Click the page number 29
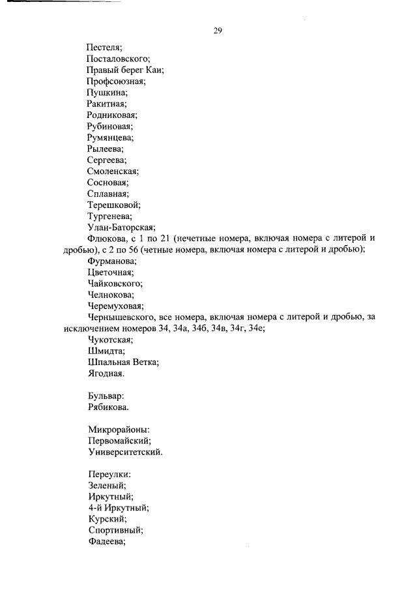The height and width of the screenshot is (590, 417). pyautogui.click(x=218, y=31)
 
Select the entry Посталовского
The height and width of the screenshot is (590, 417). pyautogui.click(x=119, y=59)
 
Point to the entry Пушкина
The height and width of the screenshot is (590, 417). pyautogui.click(x=107, y=93)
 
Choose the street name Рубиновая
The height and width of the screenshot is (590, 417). pyautogui.click(x=110, y=126)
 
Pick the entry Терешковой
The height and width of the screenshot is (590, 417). pyautogui.click(x=113, y=205)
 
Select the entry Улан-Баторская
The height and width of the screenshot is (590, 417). pyautogui.click(x=121, y=228)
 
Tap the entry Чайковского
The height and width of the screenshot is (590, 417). pyautogui.click(x=115, y=284)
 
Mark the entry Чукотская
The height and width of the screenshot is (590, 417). pyautogui.click(x=110, y=340)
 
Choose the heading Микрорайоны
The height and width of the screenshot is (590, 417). pyautogui.click(x=119, y=430)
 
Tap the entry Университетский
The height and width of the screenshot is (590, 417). pyautogui.click(x=124, y=452)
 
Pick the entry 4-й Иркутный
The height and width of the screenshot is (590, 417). pyautogui.click(x=118, y=508)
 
